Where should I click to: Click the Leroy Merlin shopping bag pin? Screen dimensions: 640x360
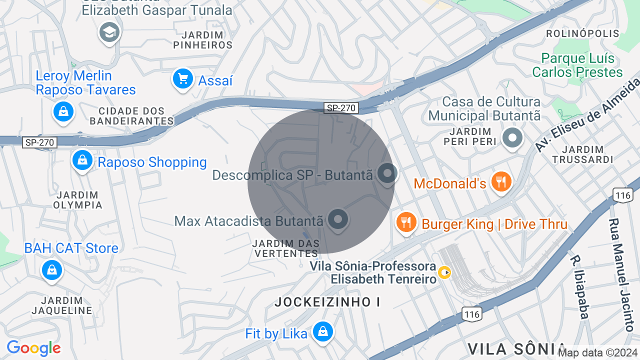[x=64, y=111]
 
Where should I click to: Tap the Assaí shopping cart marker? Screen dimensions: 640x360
[x=182, y=79]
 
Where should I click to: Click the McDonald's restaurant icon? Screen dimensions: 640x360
[x=500, y=182]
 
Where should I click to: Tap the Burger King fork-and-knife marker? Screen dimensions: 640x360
[x=406, y=222]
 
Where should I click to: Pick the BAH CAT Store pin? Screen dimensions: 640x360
[x=51, y=270]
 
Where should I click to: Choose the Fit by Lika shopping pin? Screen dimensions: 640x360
[x=323, y=331]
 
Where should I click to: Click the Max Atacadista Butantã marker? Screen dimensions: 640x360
[x=338, y=219]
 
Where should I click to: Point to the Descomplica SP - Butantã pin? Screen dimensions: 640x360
[x=386, y=173]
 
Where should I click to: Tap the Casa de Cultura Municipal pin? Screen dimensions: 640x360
[x=512, y=137]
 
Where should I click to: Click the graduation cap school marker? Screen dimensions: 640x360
[x=109, y=33]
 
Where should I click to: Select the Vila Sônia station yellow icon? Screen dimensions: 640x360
[x=444, y=272]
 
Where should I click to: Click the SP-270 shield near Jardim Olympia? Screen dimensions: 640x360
[x=40, y=142]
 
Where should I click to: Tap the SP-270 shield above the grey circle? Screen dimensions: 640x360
[x=341, y=107]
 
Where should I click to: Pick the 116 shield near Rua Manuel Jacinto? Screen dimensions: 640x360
[x=623, y=195]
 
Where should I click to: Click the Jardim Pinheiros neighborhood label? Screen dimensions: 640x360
[x=203, y=40]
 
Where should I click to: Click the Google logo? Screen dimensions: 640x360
[x=33, y=348]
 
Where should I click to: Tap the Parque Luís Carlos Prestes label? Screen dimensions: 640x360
[x=577, y=65]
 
